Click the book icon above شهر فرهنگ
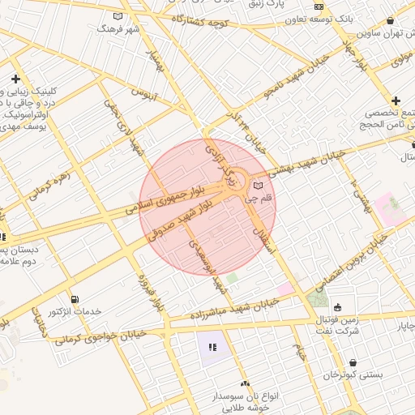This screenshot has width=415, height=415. pos(118,16)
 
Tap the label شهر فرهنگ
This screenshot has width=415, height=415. pos(119,28)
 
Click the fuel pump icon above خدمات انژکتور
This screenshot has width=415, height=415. pos(75,300)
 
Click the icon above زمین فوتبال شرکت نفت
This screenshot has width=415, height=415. pos(337,307)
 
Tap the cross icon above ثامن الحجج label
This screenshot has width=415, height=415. pos(396,100)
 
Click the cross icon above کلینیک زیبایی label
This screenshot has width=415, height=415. pos(15,79)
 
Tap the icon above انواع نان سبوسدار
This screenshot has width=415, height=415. pos(245,383)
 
